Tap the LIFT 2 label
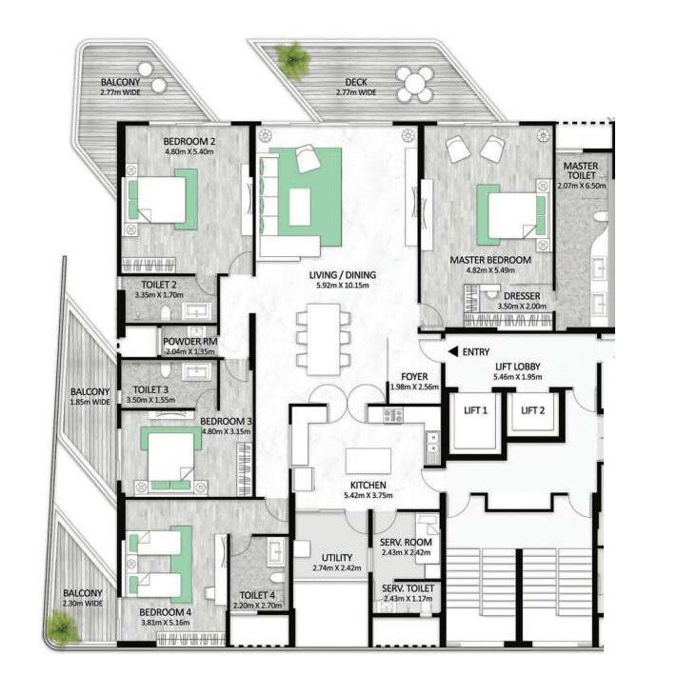(x=530, y=410)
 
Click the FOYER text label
(x=412, y=375)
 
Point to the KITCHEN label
(x=367, y=484)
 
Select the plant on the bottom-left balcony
(x=62, y=626)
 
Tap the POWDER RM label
(x=189, y=341)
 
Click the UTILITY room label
(x=337, y=557)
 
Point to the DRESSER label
(x=523, y=296)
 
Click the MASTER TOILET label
(x=580, y=171)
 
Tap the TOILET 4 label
(x=252, y=596)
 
